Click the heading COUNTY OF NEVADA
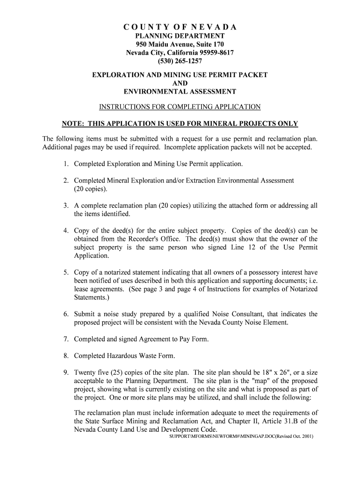[x=180, y=27]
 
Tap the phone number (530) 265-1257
[x=180, y=61]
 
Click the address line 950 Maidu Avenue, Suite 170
[x=180, y=44]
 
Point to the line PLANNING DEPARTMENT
[x=180, y=36]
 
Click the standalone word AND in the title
[x=180, y=83]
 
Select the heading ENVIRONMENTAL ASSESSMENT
[x=180, y=92]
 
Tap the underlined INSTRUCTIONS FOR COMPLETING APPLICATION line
[x=180, y=107]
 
